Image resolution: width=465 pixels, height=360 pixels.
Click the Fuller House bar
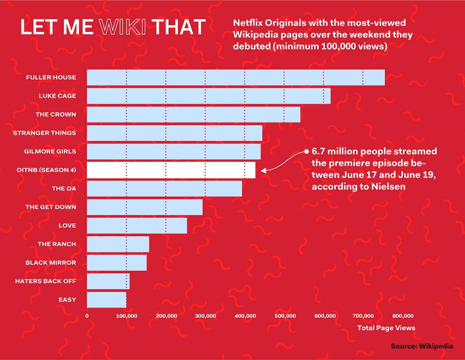235,77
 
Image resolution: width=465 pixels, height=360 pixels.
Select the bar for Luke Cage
209,96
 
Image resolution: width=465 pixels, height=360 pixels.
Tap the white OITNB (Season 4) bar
171,170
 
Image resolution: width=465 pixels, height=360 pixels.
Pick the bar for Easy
106,300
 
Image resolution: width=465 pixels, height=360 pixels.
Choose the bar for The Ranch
118,244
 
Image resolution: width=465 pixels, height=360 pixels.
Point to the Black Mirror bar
117,263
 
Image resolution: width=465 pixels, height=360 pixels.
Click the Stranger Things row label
45,133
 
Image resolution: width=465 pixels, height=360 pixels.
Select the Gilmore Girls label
50,152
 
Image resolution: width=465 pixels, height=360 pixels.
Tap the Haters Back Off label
45,281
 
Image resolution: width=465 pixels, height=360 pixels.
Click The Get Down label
51,207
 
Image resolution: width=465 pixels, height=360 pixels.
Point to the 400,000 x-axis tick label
245,316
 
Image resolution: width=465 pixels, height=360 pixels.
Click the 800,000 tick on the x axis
403,316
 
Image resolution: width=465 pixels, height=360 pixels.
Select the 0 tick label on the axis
87,316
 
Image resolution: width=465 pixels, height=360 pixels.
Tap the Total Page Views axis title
386,328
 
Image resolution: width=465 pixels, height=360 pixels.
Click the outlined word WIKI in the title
122,27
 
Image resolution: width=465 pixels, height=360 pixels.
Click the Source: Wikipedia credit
422,346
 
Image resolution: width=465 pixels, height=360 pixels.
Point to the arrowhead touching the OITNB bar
263,170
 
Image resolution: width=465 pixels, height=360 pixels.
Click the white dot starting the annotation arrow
306,151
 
